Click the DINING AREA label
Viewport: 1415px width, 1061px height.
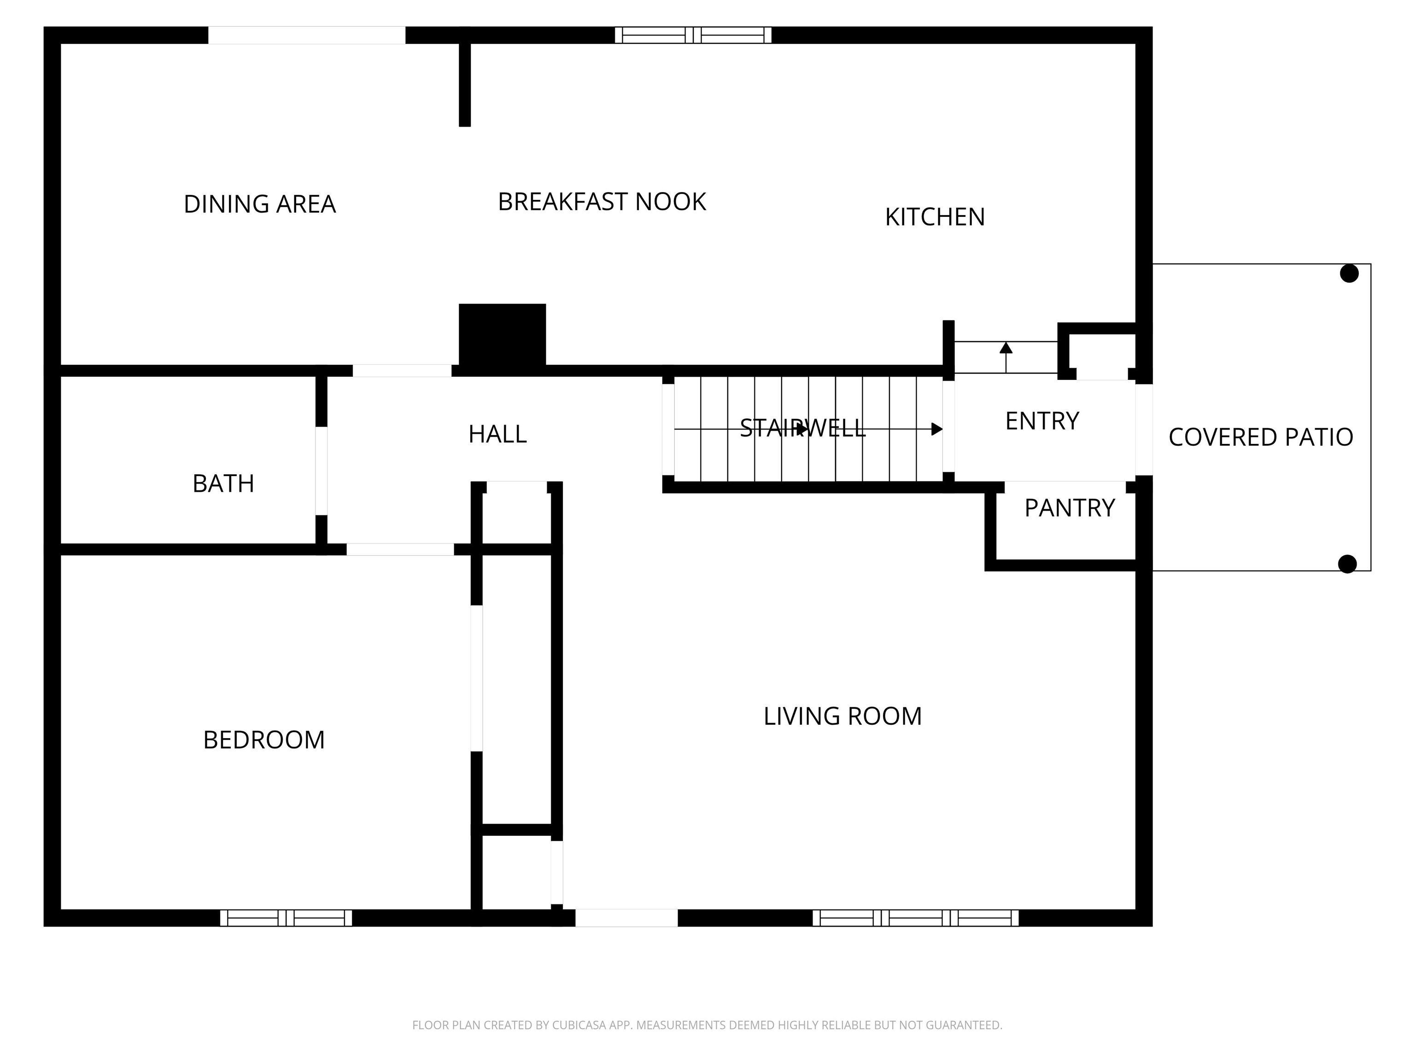click(260, 204)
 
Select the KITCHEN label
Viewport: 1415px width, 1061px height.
click(935, 217)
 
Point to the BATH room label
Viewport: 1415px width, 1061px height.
click(223, 484)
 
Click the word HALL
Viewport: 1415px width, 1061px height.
click(497, 434)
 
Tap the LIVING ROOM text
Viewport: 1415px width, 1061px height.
click(842, 716)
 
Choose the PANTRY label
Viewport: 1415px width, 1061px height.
click(1070, 508)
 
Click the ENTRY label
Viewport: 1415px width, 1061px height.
click(1042, 421)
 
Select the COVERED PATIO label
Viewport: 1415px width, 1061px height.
click(1261, 437)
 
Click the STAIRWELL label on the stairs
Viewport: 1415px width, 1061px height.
click(803, 428)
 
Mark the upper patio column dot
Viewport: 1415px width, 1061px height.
click(1349, 274)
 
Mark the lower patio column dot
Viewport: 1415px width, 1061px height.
click(1348, 564)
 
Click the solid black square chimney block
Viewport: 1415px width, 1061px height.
click(502, 337)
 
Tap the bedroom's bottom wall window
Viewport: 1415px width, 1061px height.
click(286, 918)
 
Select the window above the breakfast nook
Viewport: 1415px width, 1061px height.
click(693, 35)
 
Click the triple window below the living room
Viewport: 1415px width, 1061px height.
click(915, 918)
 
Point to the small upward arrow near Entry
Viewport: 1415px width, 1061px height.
click(1006, 357)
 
